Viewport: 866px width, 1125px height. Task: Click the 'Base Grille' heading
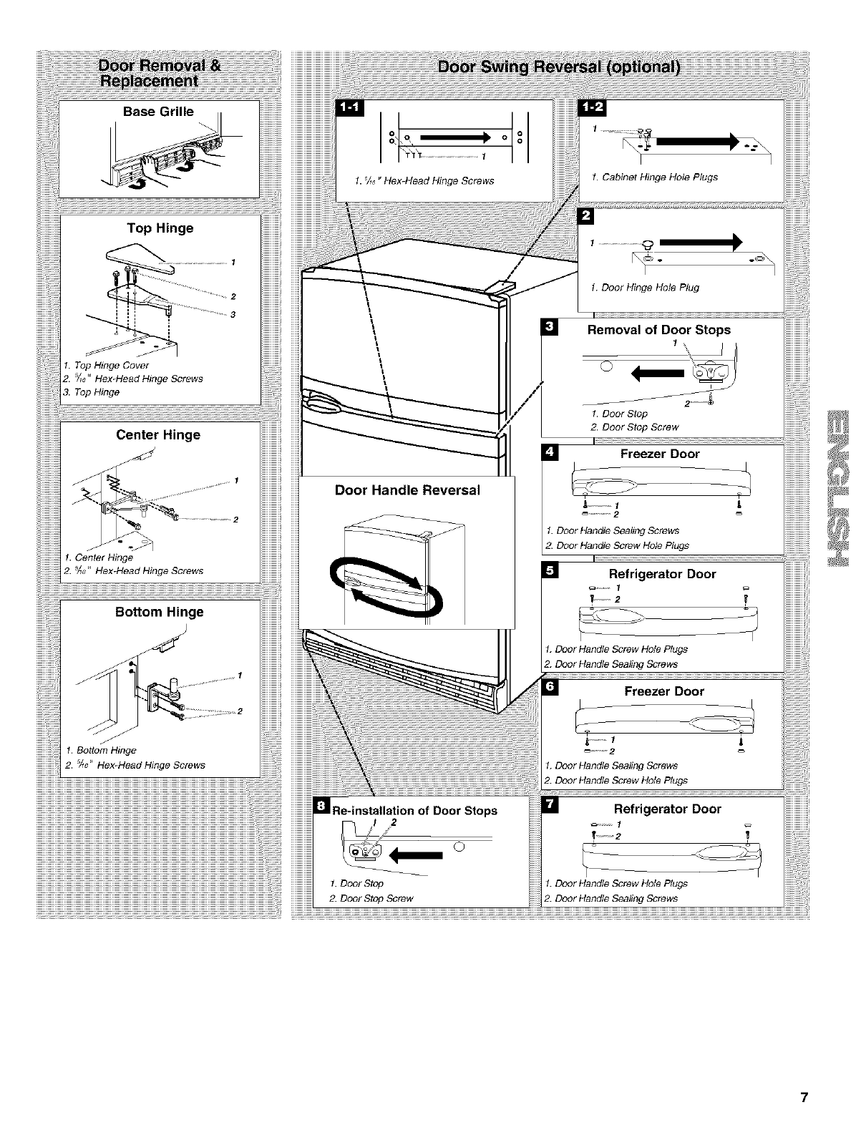point(158,112)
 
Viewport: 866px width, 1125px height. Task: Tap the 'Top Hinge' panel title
point(160,228)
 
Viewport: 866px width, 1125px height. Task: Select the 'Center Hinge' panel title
point(158,435)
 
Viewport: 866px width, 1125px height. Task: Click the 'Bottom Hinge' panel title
point(160,612)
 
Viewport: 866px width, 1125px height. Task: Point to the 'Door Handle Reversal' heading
point(407,490)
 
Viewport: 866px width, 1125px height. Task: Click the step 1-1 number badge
point(351,108)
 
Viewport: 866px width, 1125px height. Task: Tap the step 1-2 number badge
point(593,107)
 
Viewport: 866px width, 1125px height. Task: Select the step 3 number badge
point(550,328)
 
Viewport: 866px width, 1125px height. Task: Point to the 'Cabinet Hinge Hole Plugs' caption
point(654,177)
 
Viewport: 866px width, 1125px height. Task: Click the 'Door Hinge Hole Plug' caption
point(645,288)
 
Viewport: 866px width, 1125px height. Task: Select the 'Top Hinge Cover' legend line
point(107,365)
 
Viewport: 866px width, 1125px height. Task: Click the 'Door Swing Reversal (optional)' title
point(558,68)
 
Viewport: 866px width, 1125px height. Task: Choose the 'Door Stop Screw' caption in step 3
point(635,427)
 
